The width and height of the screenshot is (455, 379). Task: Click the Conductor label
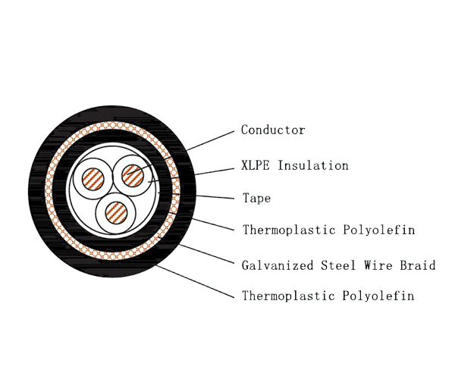point(273,130)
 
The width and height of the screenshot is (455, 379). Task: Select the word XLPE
point(256,165)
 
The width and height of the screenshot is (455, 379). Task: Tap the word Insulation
point(313,165)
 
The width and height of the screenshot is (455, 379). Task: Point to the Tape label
point(257,199)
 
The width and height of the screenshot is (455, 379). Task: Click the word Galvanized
point(278,265)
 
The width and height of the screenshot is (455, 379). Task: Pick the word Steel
point(338,265)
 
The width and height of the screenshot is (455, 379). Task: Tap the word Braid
point(418,265)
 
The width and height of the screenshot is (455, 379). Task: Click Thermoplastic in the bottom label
point(288,296)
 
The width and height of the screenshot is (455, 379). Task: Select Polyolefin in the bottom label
point(378,296)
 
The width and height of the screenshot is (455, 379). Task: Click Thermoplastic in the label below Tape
point(289,230)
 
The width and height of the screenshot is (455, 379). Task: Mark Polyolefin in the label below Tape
point(379,230)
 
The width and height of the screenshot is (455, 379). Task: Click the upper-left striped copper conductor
point(93,179)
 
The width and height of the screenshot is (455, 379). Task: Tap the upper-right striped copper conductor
point(133,176)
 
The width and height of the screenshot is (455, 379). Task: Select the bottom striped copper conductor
point(116,213)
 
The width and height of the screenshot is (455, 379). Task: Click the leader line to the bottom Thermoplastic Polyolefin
point(195,281)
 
